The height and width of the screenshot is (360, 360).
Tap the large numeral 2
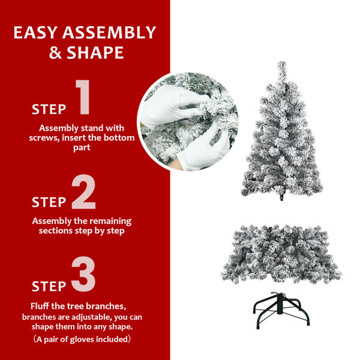click(x=83, y=193)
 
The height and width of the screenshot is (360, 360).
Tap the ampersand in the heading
click(x=56, y=53)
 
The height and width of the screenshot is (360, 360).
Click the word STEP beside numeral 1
click(x=49, y=109)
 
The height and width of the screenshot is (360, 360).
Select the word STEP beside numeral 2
click(x=49, y=202)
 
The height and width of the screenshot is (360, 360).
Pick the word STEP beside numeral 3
click(x=49, y=286)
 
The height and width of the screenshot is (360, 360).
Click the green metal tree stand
click(x=282, y=308)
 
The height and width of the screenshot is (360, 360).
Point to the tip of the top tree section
click(x=281, y=65)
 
